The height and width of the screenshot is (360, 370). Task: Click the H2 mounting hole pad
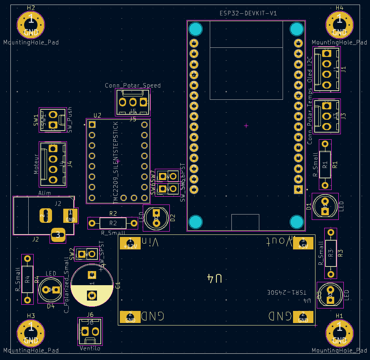(31, 23)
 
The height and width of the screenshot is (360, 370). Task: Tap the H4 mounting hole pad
(339, 23)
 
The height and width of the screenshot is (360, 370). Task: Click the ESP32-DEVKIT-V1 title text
(248, 13)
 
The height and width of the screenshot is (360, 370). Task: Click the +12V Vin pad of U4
(130, 243)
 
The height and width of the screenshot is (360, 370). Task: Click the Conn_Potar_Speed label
(133, 86)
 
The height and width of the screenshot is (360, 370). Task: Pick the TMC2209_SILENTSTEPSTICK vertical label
(116, 162)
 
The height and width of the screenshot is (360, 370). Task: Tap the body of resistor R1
(325, 164)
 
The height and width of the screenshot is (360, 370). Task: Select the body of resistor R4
(27, 279)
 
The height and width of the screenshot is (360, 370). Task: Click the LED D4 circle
(51, 289)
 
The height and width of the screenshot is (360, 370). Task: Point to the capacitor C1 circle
(92, 285)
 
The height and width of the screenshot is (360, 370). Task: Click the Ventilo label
(90, 348)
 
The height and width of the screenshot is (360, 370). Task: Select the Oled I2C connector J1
(327, 69)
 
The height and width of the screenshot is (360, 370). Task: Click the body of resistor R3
(330, 252)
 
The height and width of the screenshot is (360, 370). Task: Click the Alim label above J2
(45, 193)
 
